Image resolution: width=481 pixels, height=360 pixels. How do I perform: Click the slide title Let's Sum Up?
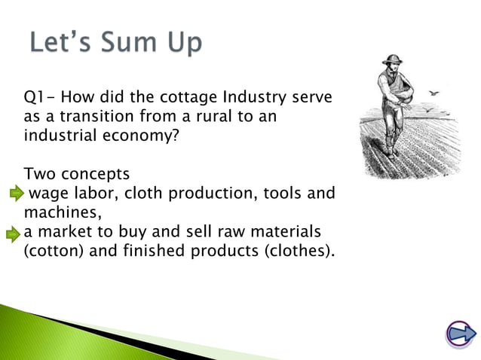[x=116, y=42]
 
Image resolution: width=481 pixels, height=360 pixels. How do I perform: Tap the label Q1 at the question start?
[x=34, y=98]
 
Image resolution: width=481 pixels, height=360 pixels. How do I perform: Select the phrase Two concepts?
[x=77, y=175]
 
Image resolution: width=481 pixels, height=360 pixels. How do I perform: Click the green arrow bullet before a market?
[x=13, y=233]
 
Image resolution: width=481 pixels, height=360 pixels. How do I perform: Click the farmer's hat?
[x=391, y=59]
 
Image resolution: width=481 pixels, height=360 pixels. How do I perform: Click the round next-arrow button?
[x=458, y=334]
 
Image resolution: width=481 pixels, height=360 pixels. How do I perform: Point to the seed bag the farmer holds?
[x=412, y=99]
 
